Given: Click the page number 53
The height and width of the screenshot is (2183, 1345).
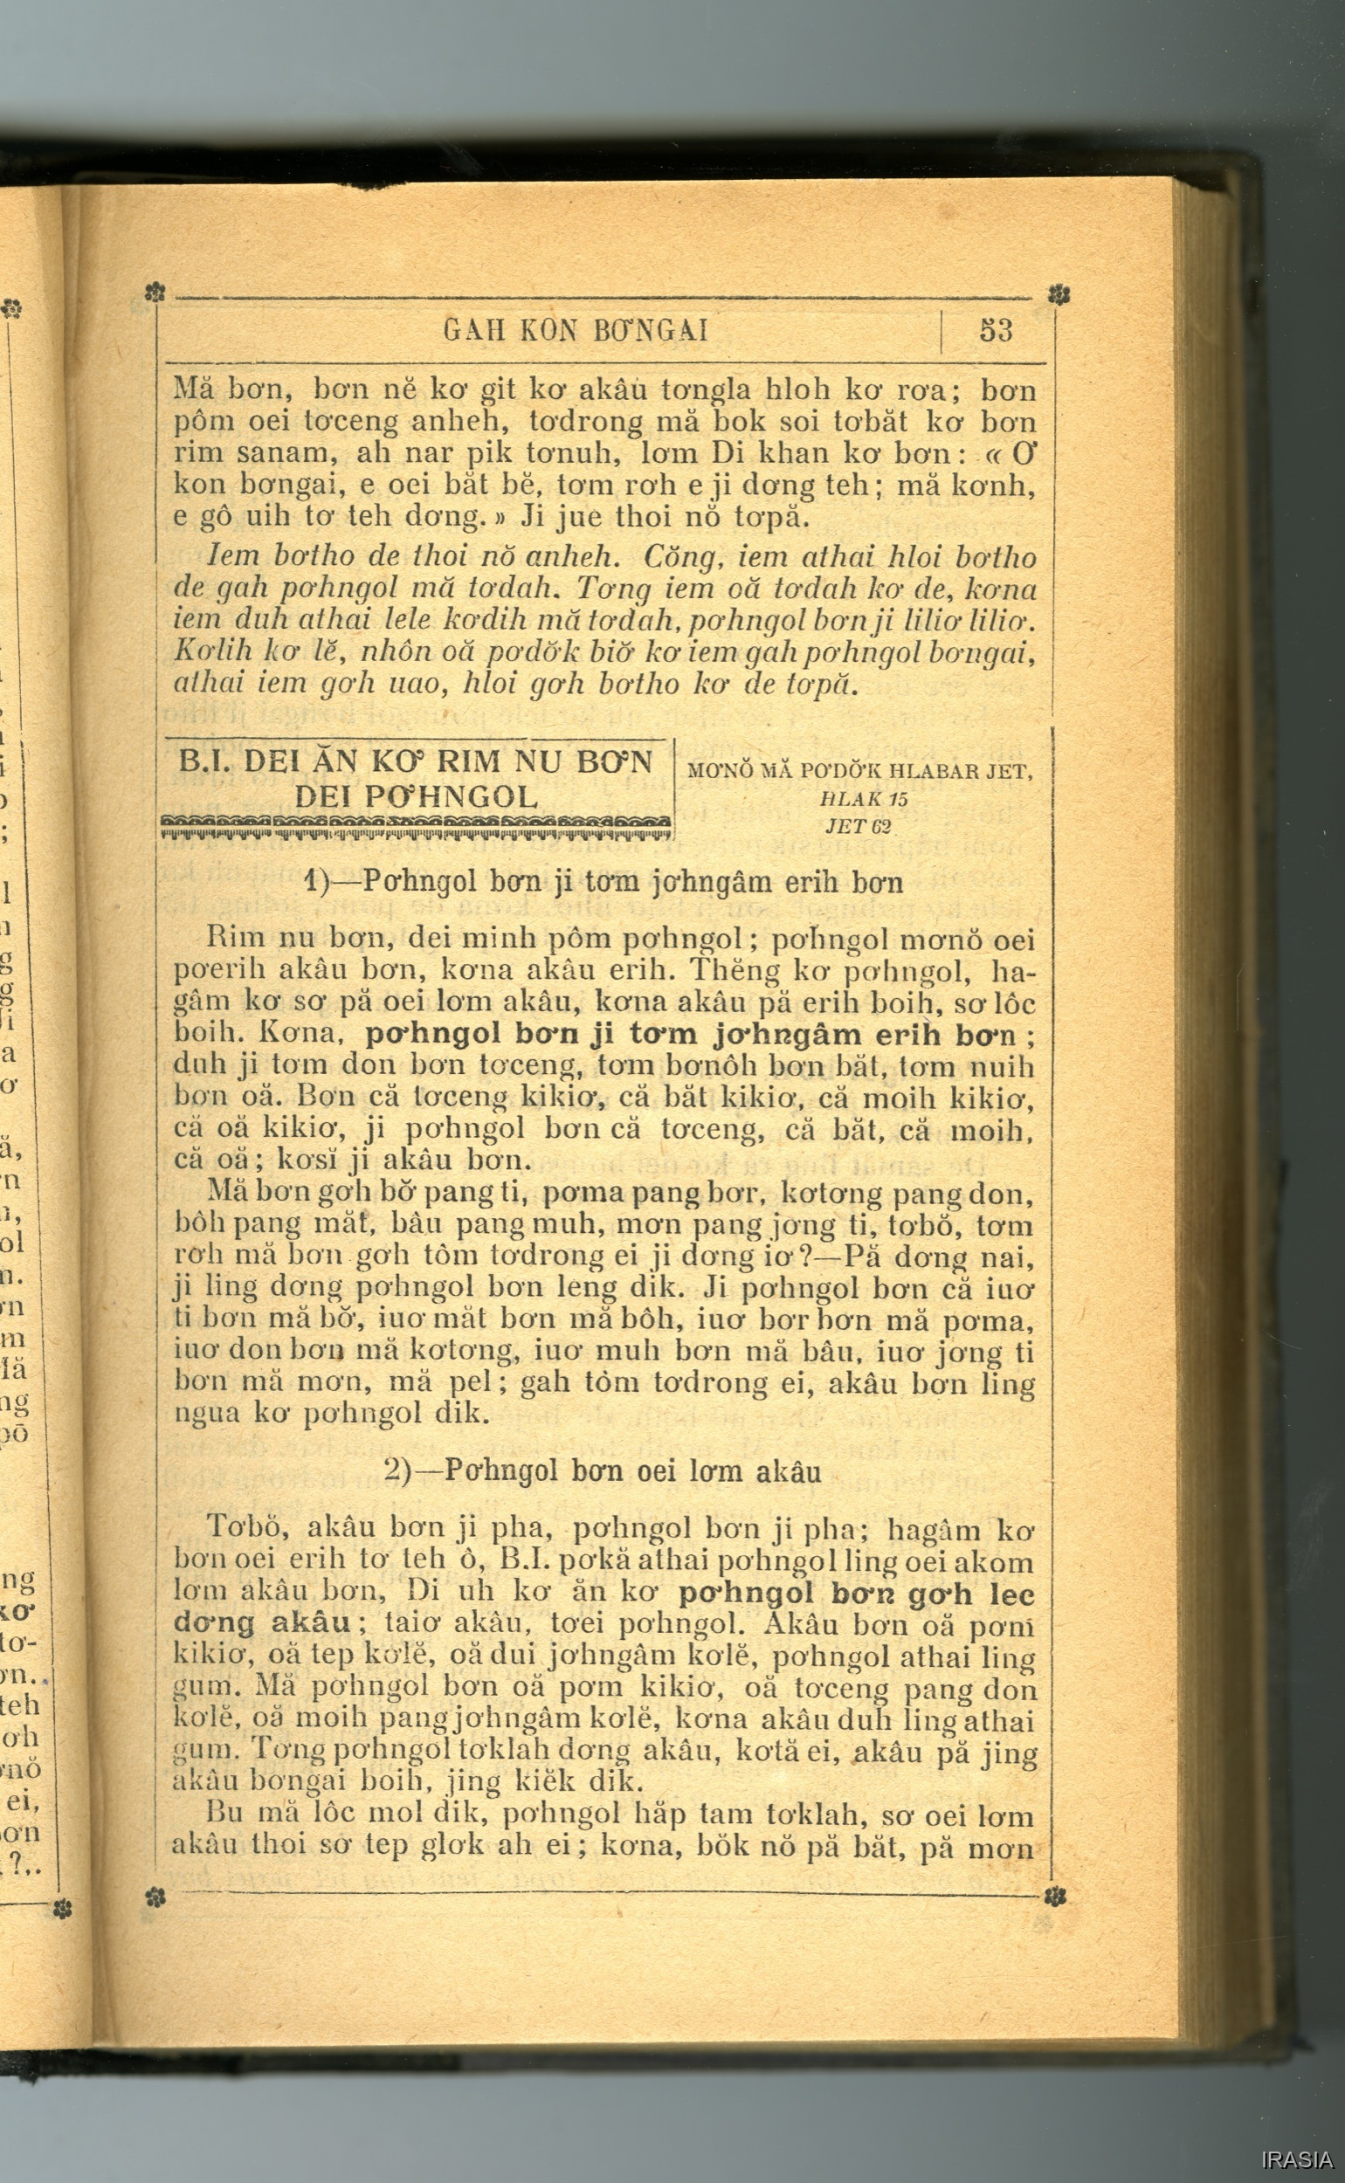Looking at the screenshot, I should pos(996,331).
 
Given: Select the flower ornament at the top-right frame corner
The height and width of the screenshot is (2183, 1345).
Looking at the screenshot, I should pos(1058,294).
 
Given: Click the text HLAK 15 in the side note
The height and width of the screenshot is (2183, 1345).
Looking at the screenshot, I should pos(863,799).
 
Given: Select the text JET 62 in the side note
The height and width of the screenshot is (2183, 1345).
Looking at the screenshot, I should pos(859,826).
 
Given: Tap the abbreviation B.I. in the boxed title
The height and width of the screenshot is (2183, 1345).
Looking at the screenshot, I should pos(205,762).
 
